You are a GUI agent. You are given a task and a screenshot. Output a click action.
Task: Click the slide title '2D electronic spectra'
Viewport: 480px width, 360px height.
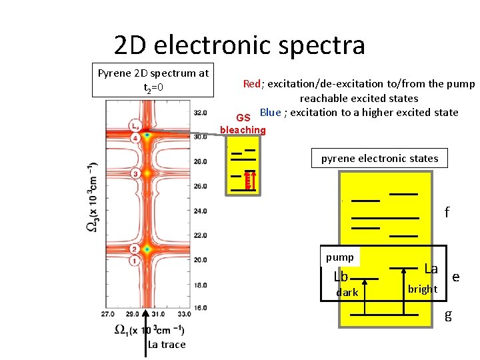coord(239,45)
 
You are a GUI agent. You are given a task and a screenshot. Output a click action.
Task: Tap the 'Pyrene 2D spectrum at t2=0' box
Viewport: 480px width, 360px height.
coord(153,80)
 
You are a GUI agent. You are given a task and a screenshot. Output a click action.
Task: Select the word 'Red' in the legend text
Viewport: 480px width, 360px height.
coord(252,84)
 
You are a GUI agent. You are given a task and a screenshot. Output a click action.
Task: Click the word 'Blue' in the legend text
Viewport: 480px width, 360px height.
coord(270,112)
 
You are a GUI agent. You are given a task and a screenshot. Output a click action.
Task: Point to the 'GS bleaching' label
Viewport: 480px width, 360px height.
coord(243,124)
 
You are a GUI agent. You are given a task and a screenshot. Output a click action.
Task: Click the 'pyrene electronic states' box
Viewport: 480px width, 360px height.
coord(379,159)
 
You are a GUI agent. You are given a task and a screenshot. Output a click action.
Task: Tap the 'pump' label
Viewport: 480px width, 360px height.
coord(340,257)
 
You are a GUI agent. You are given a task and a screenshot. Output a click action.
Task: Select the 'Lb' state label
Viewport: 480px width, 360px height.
coord(341,277)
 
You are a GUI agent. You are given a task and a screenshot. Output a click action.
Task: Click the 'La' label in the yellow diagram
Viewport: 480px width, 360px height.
coord(431,269)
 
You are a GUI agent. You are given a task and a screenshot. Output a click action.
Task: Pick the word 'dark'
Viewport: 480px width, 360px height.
coord(347,293)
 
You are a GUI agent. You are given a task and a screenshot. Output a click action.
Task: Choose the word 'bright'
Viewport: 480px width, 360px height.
coord(423,289)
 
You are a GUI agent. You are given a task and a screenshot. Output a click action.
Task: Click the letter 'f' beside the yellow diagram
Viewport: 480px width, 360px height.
coord(447,213)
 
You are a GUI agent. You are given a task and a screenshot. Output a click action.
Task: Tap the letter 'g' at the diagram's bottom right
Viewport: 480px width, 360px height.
coord(449,315)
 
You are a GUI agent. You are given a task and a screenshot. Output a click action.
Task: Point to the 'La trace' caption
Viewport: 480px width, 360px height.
coord(167,345)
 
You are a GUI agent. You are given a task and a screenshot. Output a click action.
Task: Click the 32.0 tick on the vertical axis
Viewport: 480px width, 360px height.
coord(199,112)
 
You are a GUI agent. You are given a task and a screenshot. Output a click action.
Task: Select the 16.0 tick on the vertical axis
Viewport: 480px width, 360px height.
coord(199,307)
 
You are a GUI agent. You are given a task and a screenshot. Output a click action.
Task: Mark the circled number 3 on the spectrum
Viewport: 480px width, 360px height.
coord(135,173)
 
